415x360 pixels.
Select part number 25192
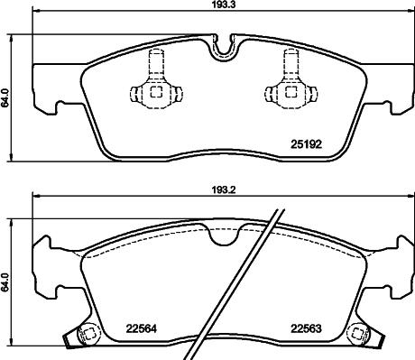(x=306, y=142)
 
